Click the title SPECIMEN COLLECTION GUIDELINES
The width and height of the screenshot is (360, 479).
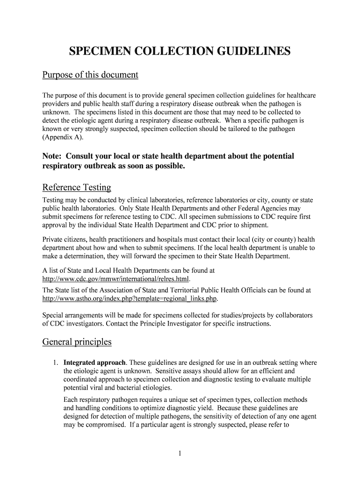coord(180,51)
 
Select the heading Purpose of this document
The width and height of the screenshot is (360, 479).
coord(90,75)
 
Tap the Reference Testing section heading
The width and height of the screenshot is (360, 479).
coord(77,188)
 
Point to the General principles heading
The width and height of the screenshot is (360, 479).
coord(77,341)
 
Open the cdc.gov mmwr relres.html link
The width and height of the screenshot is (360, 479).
coord(116,279)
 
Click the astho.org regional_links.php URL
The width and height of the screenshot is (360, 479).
coord(130,298)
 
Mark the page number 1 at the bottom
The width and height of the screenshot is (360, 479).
coord(180,453)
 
